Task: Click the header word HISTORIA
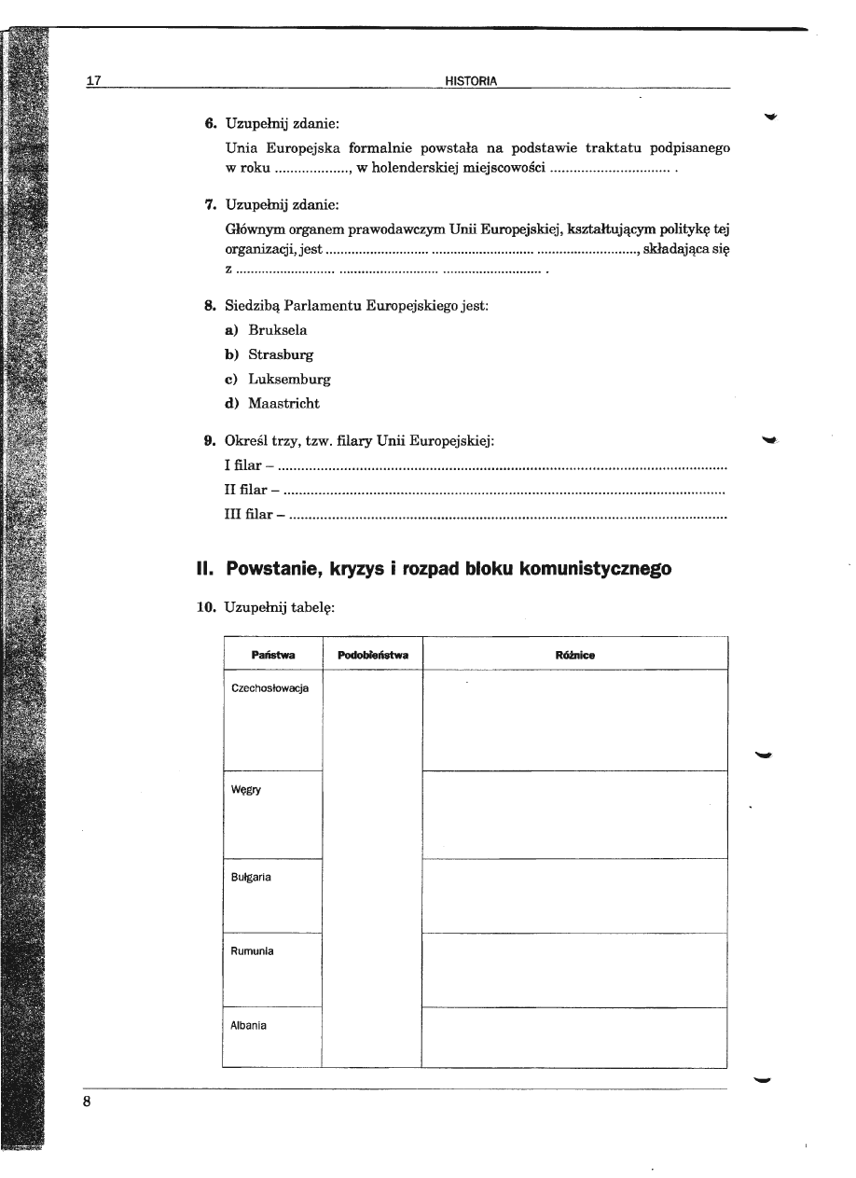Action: pos(470,81)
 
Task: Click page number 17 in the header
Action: pos(93,80)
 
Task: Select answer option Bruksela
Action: pos(278,330)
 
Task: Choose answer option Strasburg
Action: pos(281,355)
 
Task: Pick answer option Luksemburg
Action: pos(289,380)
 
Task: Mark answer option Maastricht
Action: pos(283,404)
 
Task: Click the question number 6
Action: pos(211,123)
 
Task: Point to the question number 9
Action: pos(211,439)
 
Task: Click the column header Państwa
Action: pos(273,656)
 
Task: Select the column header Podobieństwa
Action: pos(372,656)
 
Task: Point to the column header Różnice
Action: pos(574,656)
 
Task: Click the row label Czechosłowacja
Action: pos(270,688)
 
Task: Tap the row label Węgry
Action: pos(246,790)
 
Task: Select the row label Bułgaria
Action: pos(251,878)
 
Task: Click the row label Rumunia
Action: pos(252,951)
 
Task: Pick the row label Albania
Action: pos(249,1026)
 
